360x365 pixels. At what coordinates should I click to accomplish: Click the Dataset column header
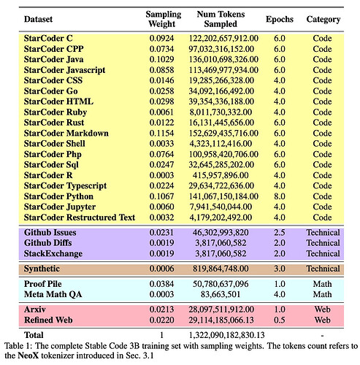[38, 19]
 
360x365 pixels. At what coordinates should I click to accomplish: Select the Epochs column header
[280, 19]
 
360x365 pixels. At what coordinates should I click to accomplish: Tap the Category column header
[323, 19]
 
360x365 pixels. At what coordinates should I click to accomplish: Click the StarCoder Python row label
[58, 196]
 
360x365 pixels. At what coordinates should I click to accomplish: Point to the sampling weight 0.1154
[161, 133]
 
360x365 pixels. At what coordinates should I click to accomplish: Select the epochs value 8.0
[280, 196]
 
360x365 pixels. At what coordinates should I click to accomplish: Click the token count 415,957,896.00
[221, 175]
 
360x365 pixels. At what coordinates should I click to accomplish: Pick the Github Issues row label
[50, 232]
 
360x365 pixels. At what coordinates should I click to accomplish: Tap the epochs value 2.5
[280, 232]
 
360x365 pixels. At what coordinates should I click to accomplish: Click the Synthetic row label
[42, 269]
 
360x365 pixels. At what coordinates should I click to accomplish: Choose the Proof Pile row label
[42, 284]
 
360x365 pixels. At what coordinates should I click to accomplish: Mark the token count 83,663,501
[221, 294]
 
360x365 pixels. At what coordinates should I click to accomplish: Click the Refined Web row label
[48, 320]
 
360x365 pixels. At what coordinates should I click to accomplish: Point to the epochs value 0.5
[280, 320]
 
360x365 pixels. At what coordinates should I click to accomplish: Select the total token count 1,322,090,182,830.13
[226, 335]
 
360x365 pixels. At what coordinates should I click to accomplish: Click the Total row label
[34, 335]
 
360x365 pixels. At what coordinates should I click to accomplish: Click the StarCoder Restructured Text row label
[80, 218]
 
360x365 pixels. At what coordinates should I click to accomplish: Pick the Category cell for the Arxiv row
[322, 310]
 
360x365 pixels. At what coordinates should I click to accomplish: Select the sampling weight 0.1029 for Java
[161, 59]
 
